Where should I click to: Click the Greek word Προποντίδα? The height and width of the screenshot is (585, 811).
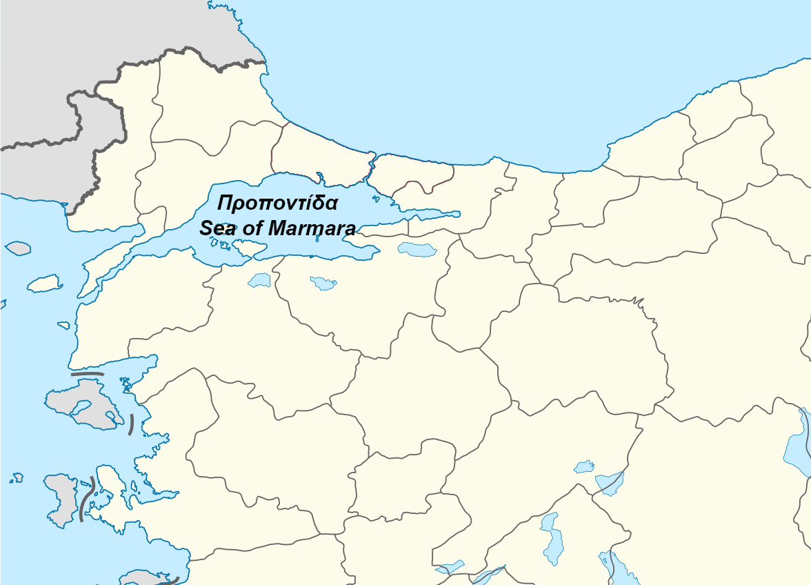tap(277, 204)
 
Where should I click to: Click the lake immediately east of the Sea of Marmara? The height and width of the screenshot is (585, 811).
tap(417, 249)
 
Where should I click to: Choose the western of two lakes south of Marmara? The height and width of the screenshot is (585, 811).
tap(260, 280)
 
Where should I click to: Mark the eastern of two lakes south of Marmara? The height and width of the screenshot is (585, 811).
tap(323, 283)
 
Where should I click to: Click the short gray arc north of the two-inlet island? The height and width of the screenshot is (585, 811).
tap(87, 374)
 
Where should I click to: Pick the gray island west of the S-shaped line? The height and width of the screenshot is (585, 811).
tap(59, 497)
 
